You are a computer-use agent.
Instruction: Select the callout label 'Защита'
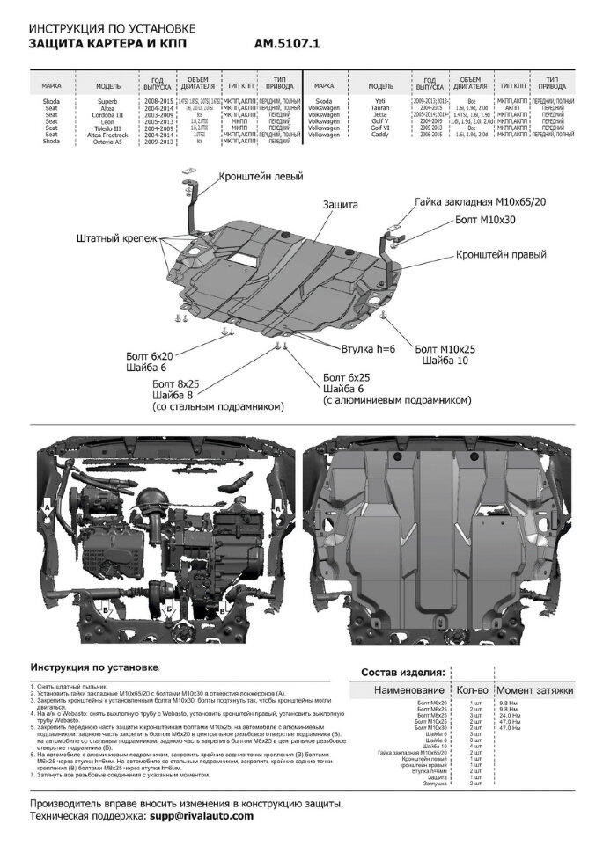pyautogui.click(x=340, y=204)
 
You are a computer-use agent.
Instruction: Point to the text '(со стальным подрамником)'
pyautogui.click(x=217, y=406)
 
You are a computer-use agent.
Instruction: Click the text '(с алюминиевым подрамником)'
pyautogui.click(x=397, y=399)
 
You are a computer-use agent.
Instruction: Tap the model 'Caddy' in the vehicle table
pyautogui.click(x=380, y=134)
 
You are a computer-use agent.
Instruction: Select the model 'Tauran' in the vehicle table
pyautogui.click(x=380, y=108)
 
